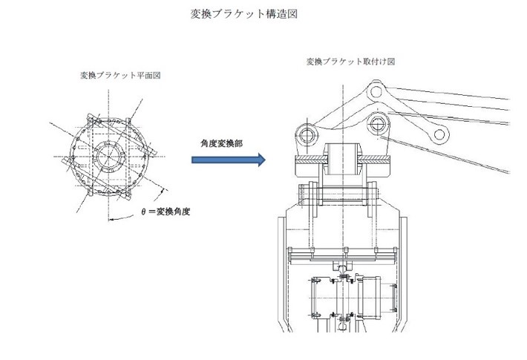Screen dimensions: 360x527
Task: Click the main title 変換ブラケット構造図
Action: click(244, 14)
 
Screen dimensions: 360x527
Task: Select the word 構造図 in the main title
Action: click(282, 14)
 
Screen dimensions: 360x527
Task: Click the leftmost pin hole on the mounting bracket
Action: click(307, 134)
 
